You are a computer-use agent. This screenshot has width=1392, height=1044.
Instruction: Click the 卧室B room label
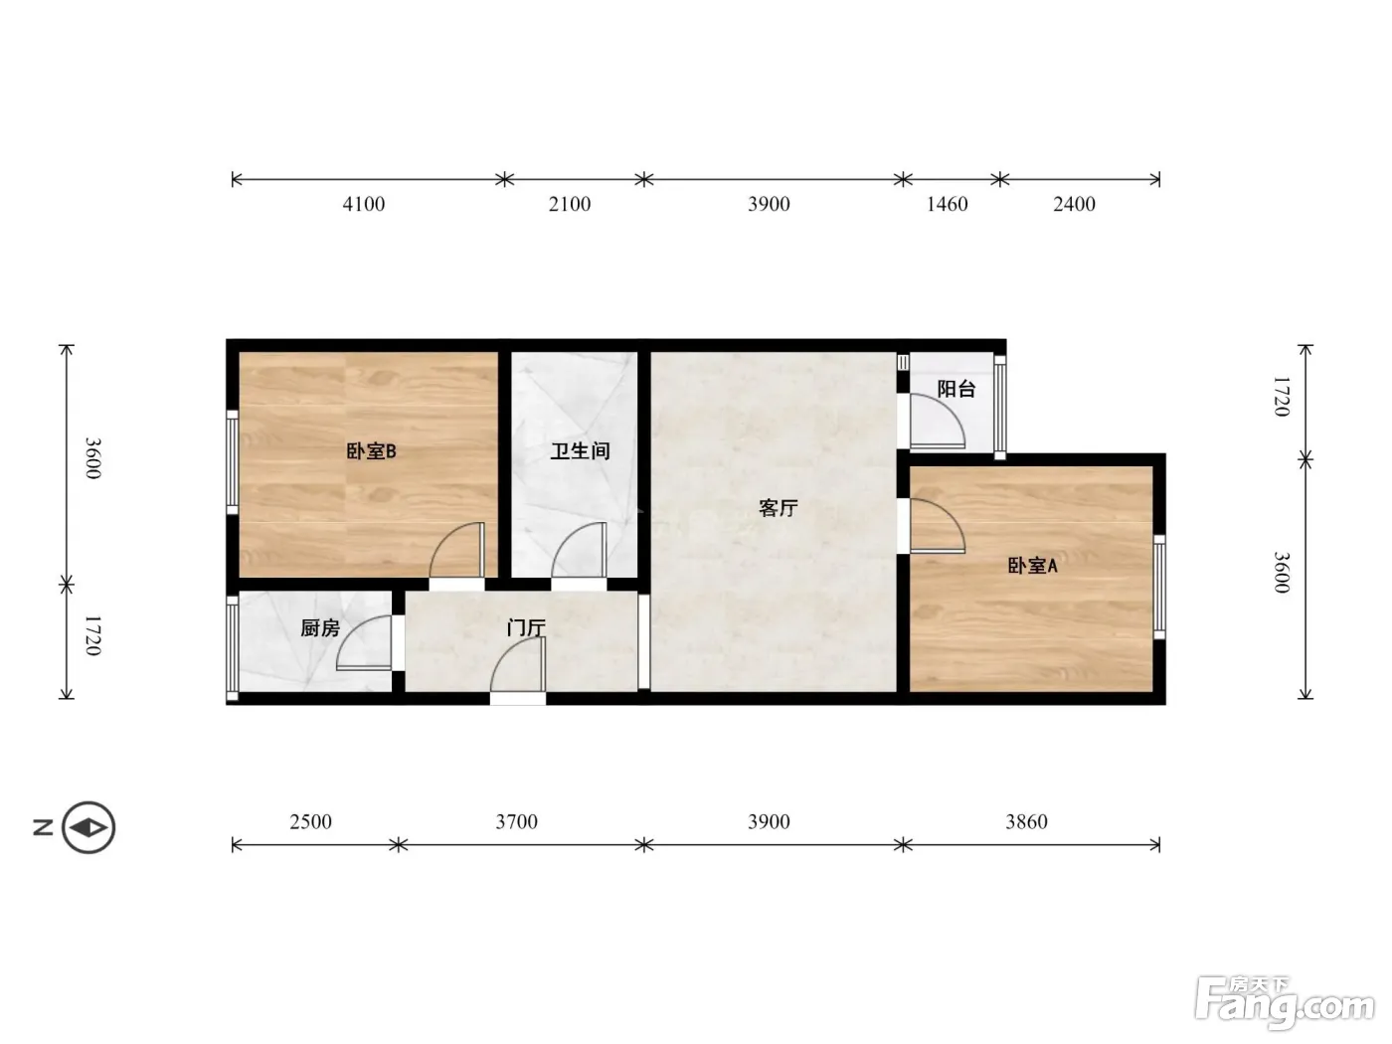371,451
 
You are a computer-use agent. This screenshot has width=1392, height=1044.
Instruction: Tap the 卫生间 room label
580,451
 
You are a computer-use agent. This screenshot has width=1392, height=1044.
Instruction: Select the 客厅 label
779,508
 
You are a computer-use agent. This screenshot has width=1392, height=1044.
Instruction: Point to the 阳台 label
956,389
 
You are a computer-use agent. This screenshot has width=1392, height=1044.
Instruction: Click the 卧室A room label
1032,566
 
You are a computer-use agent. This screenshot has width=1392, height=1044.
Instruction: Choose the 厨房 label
320,628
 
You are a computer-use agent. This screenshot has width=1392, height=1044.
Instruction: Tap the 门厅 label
526,628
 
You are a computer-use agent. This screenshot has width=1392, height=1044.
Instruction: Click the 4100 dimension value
363,204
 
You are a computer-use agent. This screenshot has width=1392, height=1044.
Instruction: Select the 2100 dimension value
570,204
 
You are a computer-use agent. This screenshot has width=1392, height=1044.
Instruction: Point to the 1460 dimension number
947,204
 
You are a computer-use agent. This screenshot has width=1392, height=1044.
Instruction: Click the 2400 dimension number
1074,204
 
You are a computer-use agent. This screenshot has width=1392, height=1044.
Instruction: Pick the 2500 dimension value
311,821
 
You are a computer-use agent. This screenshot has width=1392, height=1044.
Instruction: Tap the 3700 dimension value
516,821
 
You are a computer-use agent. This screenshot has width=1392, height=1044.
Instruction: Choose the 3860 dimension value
1026,821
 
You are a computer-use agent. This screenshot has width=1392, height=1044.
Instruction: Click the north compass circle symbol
88,828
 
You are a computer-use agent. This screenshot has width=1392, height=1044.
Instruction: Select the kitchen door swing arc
354,628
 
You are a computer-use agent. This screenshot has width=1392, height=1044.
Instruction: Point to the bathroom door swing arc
566,538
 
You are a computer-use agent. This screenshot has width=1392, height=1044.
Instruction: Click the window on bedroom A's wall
1159,588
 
